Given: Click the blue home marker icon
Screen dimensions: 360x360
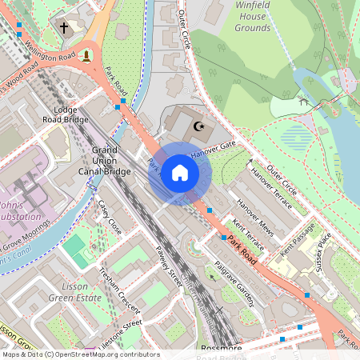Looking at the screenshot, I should click(x=180, y=173).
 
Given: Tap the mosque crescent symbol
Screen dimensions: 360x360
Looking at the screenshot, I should click(x=199, y=126).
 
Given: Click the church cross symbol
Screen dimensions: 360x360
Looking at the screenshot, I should click(x=64, y=28).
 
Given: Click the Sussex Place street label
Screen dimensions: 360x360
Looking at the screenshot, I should click(x=323, y=253).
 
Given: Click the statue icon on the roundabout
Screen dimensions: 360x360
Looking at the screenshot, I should click(x=86, y=56).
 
